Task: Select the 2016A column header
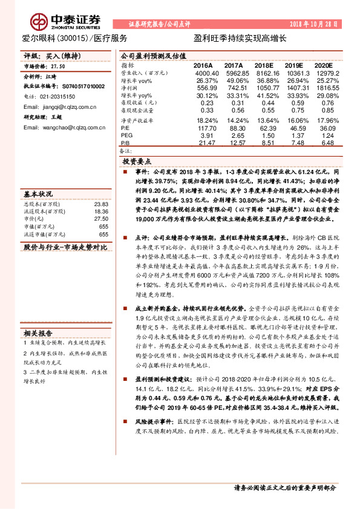click(x=203, y=65)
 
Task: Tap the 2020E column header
click(x=323, y=65)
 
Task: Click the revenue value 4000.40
click(x=203, y=73)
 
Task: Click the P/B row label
click(x=126, y=143)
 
